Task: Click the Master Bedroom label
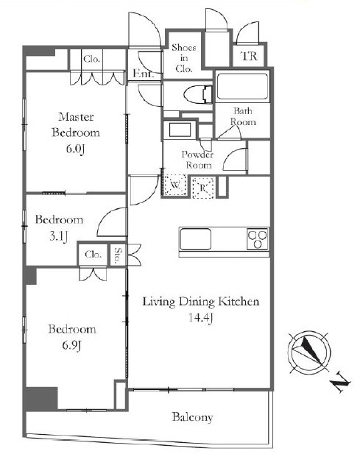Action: (x=76, y=125)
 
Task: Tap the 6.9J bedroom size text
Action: (x=71, y=345)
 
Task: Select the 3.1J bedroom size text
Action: (x=58, y=236)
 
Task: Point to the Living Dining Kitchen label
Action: (x=201, y=302)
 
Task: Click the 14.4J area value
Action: (x=201, y=318)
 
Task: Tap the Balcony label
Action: (x=192, y=417)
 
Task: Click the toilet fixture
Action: (x=198, y=95)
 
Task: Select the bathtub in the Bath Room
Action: (x=242, y=86)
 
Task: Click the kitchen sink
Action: (x=196, y=239)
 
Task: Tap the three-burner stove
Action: (x=258, y=239)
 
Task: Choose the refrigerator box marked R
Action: (x=203, y=188)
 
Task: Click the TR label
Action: (x=249, y=56)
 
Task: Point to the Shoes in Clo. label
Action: (x=184, y=58)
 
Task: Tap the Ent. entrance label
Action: (x=143, y=74)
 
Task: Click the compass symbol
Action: (x=309, y=352)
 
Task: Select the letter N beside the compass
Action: (x=341, y=383)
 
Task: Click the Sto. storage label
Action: (x=118, y=255)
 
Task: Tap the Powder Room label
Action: (x=198, y=160)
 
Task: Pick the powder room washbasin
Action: (x=180, y=130)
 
